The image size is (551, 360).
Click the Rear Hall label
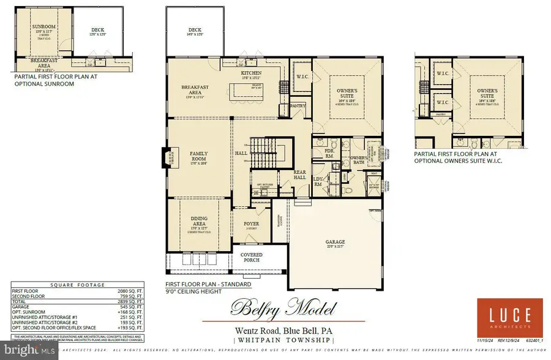(299, 176)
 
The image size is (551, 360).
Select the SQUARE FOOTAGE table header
(78, 285)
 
